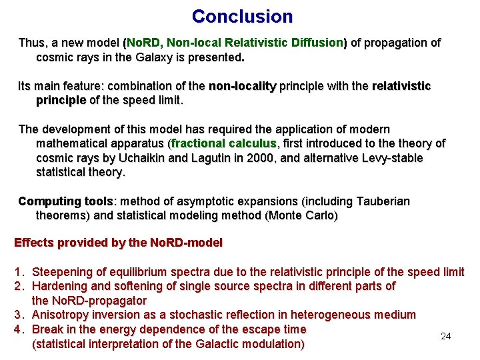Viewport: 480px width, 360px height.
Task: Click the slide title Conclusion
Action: tap(242, 16)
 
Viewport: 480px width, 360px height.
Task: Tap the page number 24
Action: tap(446, 336)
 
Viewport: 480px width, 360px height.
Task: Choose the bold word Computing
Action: tap(49, 201)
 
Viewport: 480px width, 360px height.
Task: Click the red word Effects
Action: tap(35, 243)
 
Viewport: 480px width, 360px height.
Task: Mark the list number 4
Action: tap(19, 329)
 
